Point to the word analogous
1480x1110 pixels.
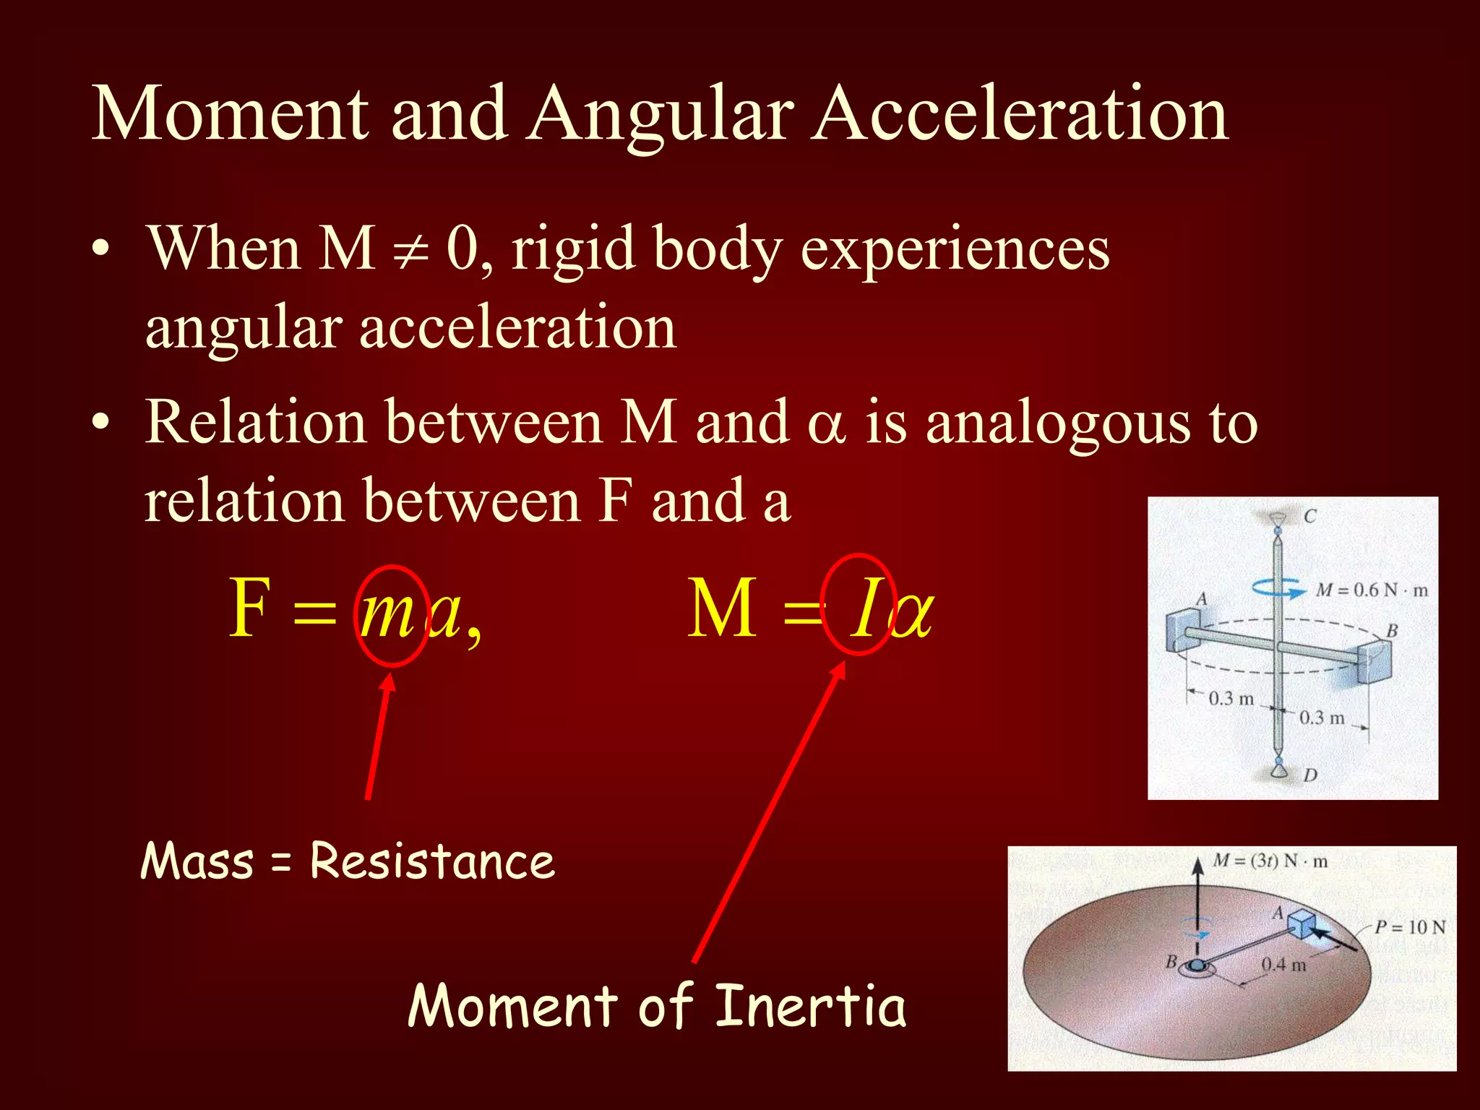1057,423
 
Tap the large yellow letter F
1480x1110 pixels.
249,609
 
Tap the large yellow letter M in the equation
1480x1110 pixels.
721,609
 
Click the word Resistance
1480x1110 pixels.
432,861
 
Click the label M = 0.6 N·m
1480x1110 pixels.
1371,590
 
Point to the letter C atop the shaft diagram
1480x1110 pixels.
1310,516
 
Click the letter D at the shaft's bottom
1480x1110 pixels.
1310,775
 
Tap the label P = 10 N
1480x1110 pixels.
1409,927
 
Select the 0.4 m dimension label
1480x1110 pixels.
1283,965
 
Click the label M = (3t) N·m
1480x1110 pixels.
1270,861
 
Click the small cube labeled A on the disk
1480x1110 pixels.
1302,924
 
